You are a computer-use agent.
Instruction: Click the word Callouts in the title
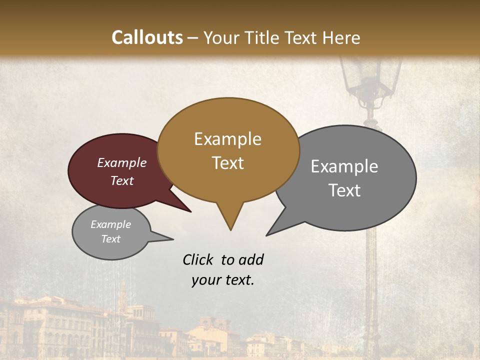coord(147,37)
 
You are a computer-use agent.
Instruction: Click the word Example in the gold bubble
coord(227,139)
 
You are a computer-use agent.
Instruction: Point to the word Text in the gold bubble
coord(227,163)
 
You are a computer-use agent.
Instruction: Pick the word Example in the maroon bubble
coord(121,162)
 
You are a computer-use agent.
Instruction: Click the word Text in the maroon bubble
coord(121,180)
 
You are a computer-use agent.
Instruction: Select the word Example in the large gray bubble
coord(344,166)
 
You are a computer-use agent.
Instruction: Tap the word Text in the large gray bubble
coord(344,190)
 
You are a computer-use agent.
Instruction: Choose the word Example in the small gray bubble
coord(110,224)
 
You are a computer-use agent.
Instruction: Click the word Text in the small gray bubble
coord(110,239)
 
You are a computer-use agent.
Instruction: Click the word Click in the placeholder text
coord(198,259)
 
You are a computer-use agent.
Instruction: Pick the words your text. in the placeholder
coord(222,280)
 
